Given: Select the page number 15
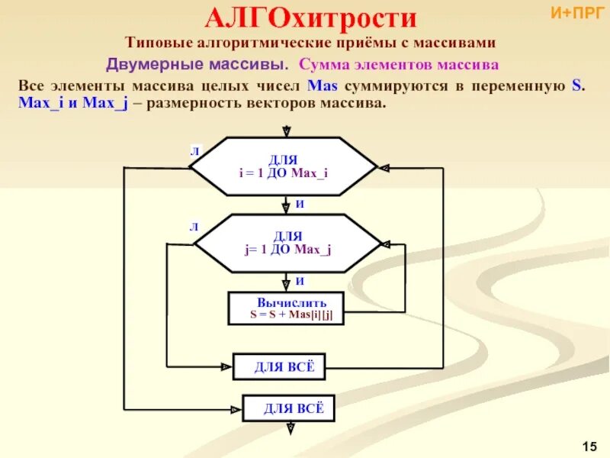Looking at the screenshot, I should tap(588, 445).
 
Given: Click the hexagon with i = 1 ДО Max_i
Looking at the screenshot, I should tap(283, 166).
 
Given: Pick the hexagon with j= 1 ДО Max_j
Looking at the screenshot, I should tap(287, 244).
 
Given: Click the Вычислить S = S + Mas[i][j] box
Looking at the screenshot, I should tap(286, 308).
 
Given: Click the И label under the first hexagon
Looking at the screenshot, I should tap(300, 205).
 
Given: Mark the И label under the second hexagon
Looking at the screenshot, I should tap(300, 281).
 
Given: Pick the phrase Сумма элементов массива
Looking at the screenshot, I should tap(400, 64).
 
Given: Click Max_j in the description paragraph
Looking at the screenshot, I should tap(110, 102).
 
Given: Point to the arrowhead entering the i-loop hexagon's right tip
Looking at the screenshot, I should tap(383, 167).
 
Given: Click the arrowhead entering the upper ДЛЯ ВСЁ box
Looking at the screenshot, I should tap(227, 367).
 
